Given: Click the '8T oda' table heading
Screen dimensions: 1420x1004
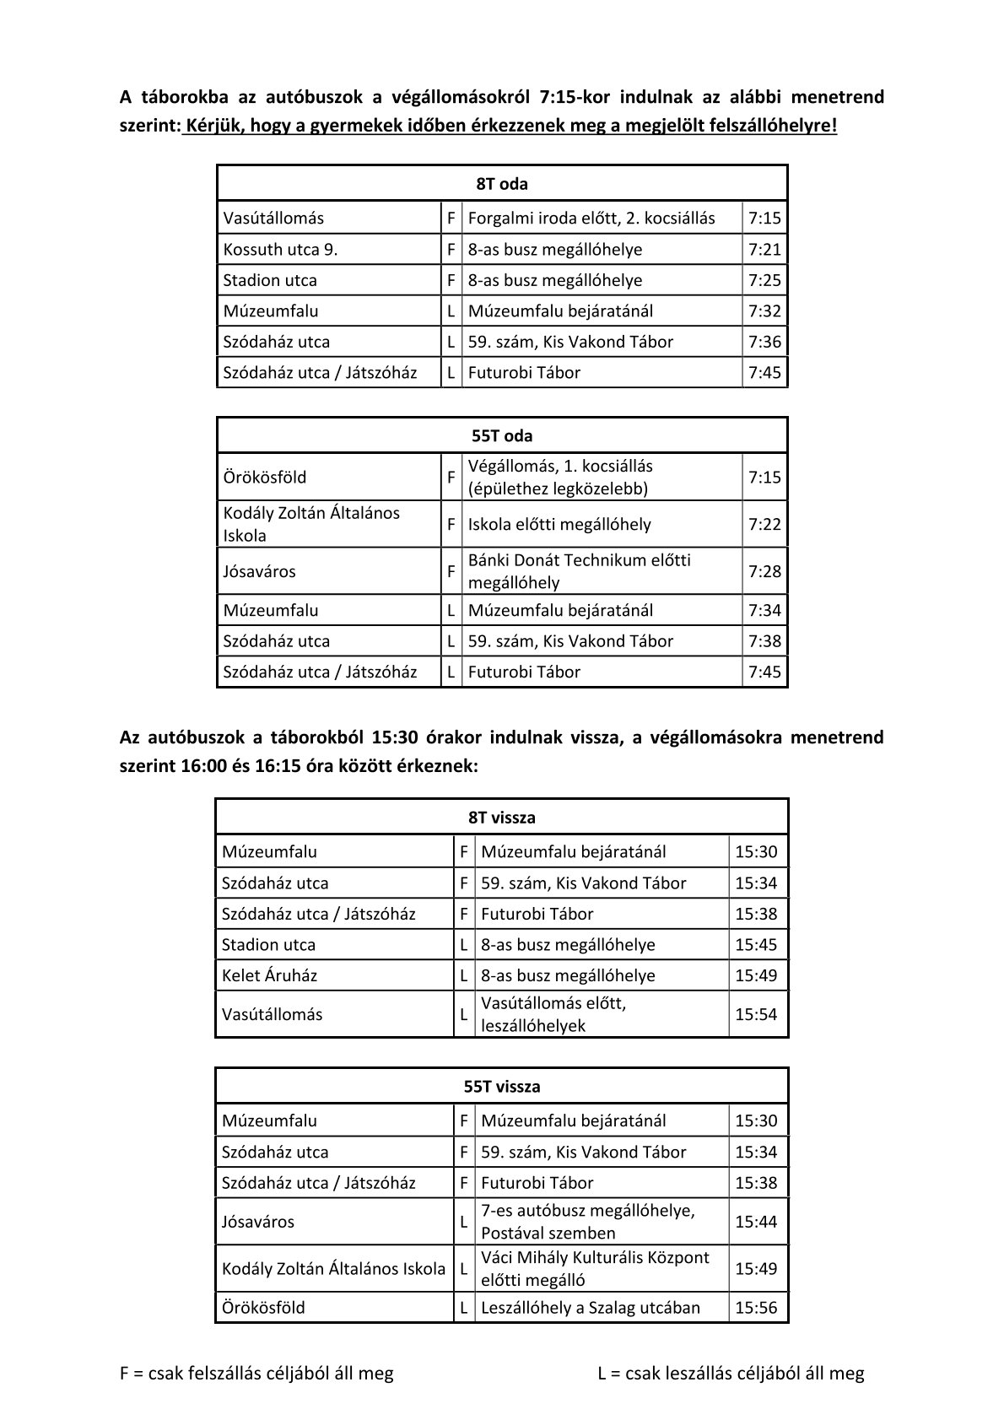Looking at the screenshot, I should (x=502, y=184).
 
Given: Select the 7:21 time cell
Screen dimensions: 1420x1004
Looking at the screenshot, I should (x=764, y=250).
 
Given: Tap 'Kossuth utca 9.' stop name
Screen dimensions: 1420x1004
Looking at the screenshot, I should (x=280, y=250).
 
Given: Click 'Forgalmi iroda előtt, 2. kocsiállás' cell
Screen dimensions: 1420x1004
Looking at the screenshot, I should (x=591, y=219).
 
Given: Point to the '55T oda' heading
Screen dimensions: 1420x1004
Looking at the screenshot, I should (x=502, y=436).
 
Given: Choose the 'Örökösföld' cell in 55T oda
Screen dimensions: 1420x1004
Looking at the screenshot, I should (x=265, y=478).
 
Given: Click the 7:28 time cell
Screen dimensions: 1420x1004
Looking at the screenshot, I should (x=764, y=572).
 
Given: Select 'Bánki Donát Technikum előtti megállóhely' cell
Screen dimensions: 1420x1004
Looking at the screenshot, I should (x=579, y=571).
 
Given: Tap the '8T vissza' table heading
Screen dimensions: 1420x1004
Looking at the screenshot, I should (x=502, y=818).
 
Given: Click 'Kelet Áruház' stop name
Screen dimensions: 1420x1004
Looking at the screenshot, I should (x=270, y=976).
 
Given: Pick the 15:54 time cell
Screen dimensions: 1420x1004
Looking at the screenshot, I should (x=756, y=1015).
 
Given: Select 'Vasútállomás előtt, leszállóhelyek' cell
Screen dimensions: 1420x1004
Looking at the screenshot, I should (x=553, y=1014).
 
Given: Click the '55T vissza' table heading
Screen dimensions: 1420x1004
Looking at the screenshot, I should (x=502, y=1087).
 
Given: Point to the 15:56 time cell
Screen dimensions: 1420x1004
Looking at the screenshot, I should (x=756, y=1309).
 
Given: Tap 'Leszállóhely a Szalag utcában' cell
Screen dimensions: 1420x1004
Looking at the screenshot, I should (x=591, y=1309).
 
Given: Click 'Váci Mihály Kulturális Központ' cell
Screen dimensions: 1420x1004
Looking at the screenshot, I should (x=595, y=1268).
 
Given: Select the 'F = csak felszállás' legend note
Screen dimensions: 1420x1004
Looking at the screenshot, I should (x=256, y=1374).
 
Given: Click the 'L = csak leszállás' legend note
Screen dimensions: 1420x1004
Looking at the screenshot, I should (x=731, y=1374).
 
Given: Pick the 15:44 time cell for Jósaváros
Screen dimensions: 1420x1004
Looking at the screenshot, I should (x=756, y=1222).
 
